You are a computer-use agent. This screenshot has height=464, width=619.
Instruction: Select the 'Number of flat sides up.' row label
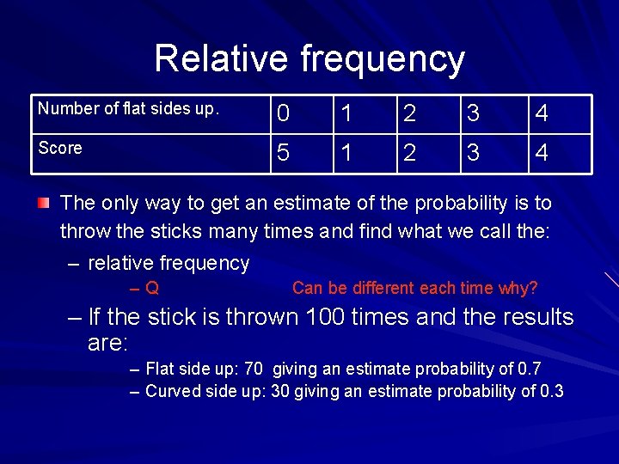coord(129,109)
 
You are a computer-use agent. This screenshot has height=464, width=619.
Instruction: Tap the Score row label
coord(60,148)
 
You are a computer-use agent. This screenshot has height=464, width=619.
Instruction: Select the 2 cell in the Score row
coord(410,154)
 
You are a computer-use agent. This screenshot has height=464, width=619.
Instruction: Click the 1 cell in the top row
coord(346,114)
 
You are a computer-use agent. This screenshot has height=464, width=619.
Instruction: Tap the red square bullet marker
coord(44,203)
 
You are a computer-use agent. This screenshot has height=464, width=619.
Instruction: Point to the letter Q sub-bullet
coord(152,289)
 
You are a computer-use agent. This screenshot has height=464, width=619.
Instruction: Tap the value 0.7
coord(530,369)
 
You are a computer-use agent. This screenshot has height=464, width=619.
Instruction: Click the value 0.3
coord(552,392)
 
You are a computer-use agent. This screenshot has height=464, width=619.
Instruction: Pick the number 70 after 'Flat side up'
coord(254,369)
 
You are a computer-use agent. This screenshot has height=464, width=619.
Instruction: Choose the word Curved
coord(171,392)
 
